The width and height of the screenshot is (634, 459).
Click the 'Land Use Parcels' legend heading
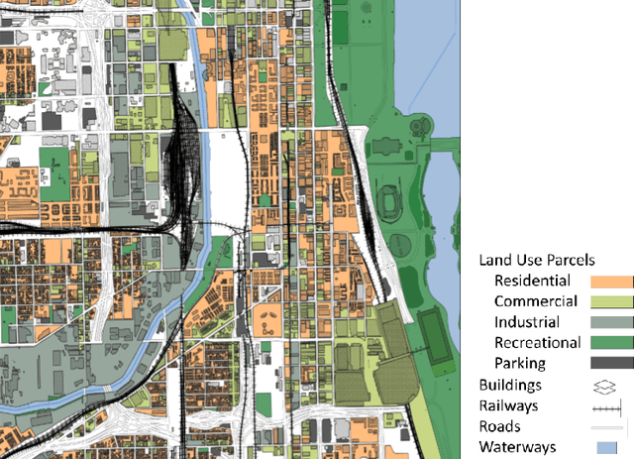pyautogui.click(x=536, y=261)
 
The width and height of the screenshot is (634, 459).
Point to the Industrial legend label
pyautogui.click(x=526, y=322)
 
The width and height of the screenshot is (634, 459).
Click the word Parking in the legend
pyautogui.click(x=521, y=364)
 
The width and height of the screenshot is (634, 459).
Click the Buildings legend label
pyautogui.click(x=510, y=385)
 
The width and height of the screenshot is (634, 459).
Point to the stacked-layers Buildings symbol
pyautogui.click(x=606, y=386)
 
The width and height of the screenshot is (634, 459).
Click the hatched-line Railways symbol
pyautogui.click(x=606, y=406)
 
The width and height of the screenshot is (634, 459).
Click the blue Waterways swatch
pyautogui.click(x=606, y=448)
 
